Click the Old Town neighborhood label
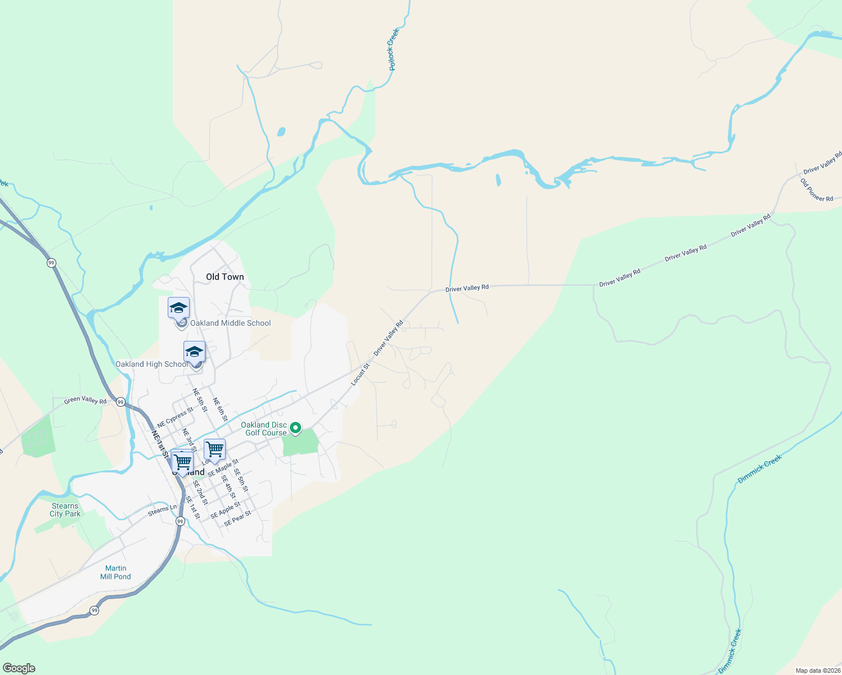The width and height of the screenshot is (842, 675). click(225, 277)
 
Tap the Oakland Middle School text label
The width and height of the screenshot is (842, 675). click(230, 323)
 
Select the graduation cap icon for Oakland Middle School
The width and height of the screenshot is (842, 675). click(178, 308)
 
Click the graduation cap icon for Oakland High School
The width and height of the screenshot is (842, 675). click(194, 352)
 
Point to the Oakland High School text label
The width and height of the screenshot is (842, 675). click(151, 364)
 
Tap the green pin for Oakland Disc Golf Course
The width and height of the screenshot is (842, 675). click(295, 429)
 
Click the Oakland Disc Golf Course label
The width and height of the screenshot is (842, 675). click(265, 429)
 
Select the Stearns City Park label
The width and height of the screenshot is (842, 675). click(65, 510)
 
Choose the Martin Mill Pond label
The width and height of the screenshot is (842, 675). click(115, 572)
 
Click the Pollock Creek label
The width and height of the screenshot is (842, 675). click(393, 49)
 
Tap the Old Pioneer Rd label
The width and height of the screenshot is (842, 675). click(816, 190)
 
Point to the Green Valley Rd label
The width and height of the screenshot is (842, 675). click(85, 400)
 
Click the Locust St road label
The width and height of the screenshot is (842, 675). click(360, 375)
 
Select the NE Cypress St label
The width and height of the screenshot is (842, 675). click(175, 417)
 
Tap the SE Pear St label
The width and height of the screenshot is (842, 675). click(238, 519)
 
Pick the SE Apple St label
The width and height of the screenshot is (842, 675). click(225, 510)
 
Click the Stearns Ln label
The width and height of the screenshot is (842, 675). click(162, 510)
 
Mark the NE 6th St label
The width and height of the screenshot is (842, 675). click(220, 409)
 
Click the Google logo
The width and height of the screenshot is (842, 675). click(19, 668)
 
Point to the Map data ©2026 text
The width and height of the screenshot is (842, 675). click(817, 670)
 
